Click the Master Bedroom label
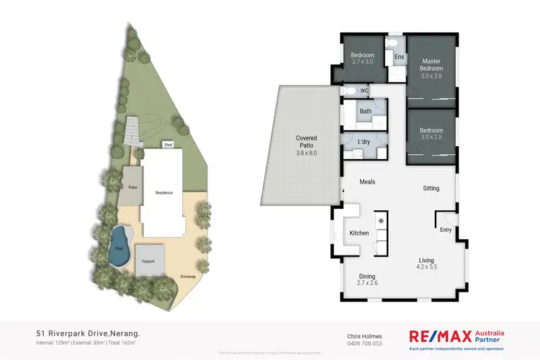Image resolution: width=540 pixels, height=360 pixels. click(x=431, y=65)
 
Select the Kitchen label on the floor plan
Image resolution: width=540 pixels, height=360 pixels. click(x=359, y=233)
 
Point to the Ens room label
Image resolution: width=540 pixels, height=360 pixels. click(x=399, y=57)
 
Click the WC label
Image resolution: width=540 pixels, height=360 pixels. click(x=364, y=91)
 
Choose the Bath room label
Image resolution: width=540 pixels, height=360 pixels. click(x=365, y=112)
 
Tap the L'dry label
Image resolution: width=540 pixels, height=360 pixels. click(x=364, y=142)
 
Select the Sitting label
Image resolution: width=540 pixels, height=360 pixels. click(x=431, y=189)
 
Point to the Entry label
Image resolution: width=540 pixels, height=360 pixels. click(x=446, y=231)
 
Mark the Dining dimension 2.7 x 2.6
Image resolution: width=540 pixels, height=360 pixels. click(x=367, y=282)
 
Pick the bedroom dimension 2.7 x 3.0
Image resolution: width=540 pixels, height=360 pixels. click(x=363, y=63)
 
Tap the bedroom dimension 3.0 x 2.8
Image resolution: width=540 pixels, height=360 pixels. click(x=431, y=137)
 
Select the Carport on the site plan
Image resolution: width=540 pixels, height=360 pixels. click(x=149, y=261)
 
